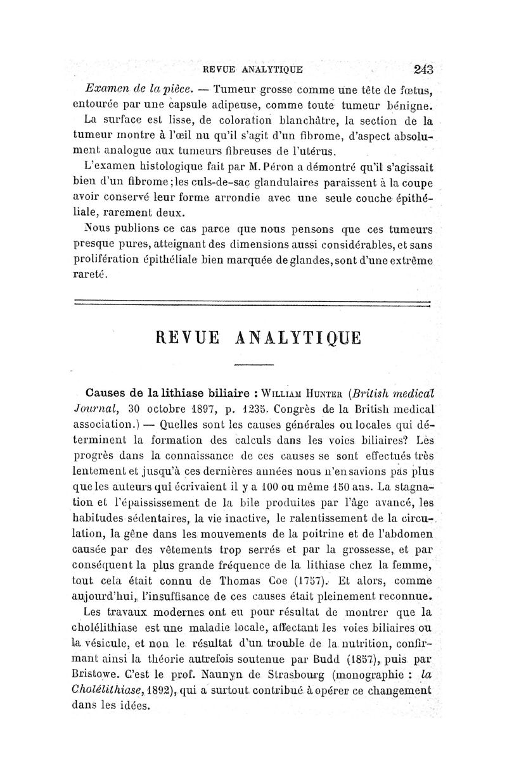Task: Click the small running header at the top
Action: pyautogui.click(x=252, y=69)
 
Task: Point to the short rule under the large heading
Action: pyautogui.click(x=253, y=365)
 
